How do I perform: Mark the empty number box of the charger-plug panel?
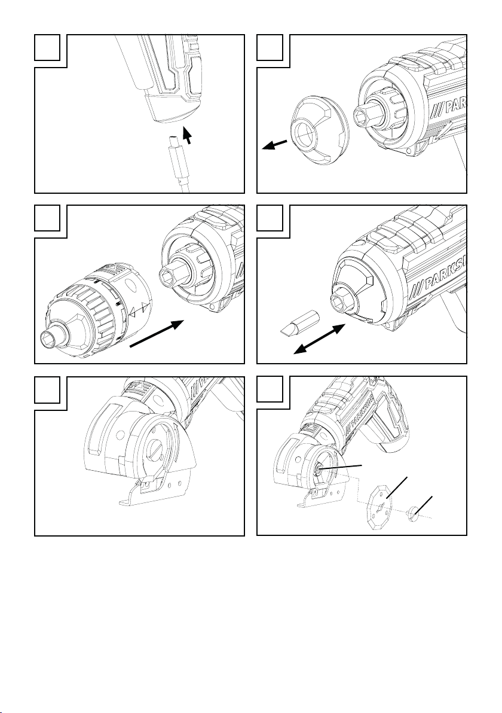[x=47, y=47]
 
